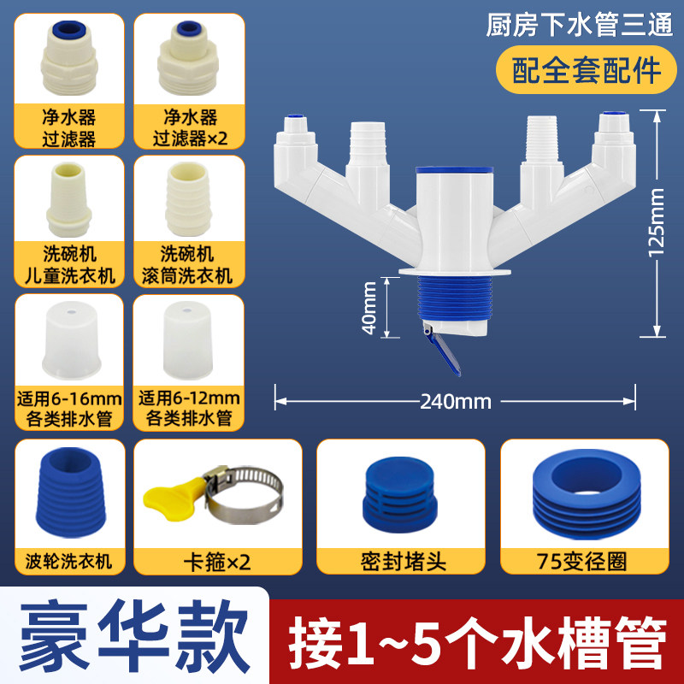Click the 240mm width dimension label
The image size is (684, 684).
(x=456, y=401)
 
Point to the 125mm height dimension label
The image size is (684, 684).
(x=656, y=222)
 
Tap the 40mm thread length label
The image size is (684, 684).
(x=369, y=308)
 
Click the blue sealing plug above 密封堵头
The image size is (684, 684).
(x=399, y=495)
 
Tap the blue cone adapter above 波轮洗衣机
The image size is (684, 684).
(x=71, y=492)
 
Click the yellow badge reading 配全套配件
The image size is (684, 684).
(x=587, y=70)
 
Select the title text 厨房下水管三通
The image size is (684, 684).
(x=580, y=25)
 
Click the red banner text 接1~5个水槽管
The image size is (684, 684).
(x=478, y=641)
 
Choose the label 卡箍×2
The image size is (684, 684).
(x=217, y=563)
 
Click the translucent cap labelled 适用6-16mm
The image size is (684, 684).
(x=72, y=340)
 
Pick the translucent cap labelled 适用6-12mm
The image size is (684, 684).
(x=188, y=340)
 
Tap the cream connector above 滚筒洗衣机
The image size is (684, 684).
(x=188, y=199)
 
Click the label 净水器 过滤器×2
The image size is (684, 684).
(x=190, y=127)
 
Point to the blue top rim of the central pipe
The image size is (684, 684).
(x=454, y=170)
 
